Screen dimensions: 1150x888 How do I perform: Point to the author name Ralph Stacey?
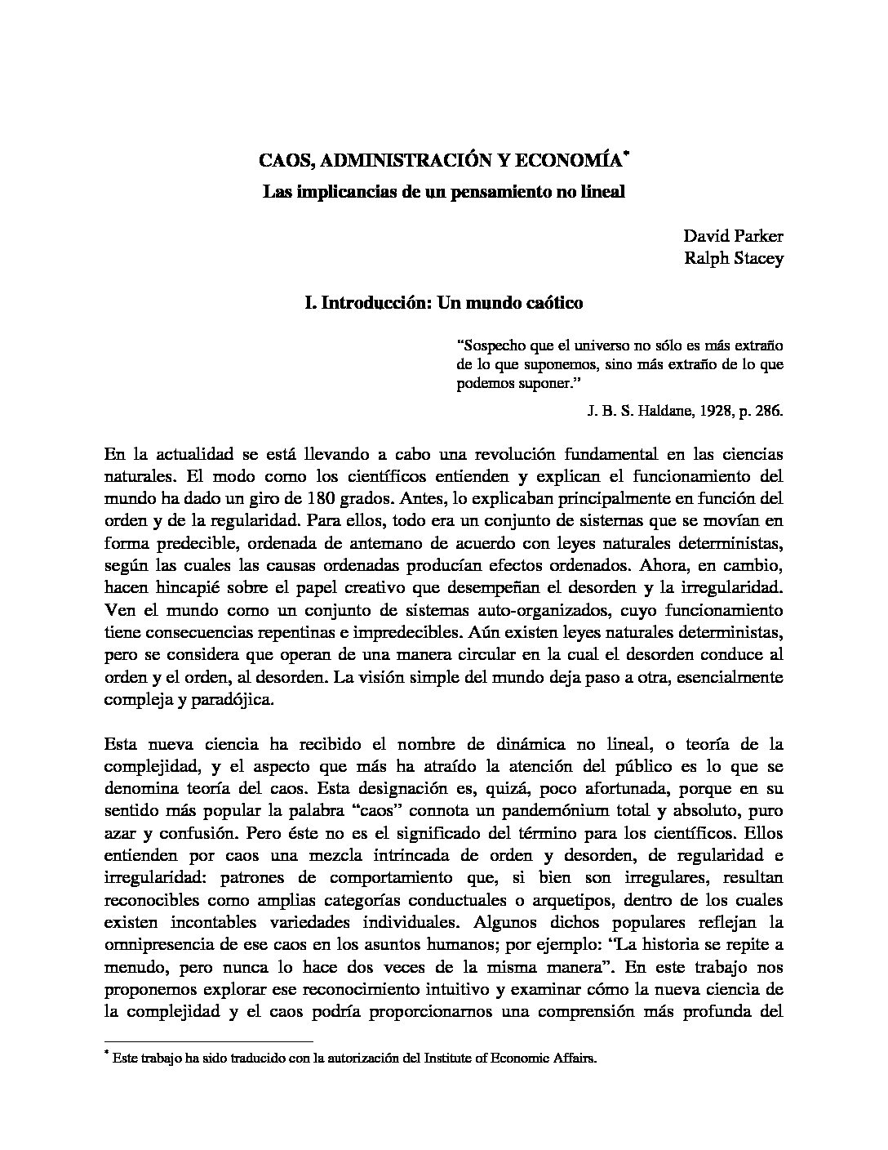[x=734, y=259]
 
